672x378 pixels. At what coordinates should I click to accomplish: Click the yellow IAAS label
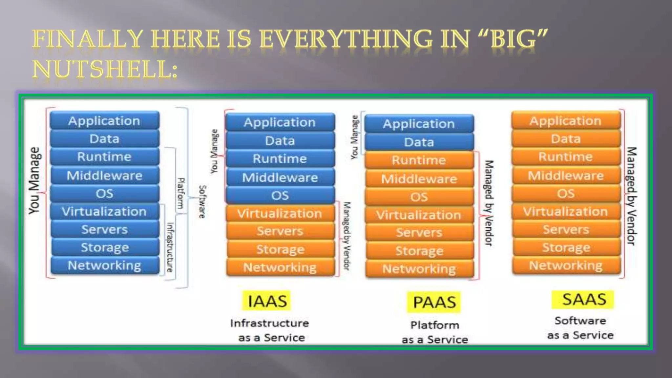(x=266, y=301)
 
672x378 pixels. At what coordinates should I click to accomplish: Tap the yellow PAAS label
(x=434, y=302)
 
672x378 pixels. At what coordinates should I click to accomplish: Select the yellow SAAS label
(x=583, y=300)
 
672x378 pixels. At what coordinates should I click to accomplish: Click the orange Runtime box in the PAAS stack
(x=419, y=160)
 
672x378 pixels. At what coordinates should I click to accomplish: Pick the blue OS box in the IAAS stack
(x=280, y=195)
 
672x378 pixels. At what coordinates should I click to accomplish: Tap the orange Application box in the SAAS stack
(x=565, y=121)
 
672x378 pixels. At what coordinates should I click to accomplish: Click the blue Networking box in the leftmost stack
(x=105, y=265)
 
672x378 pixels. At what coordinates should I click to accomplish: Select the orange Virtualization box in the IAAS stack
(x=280, y=213)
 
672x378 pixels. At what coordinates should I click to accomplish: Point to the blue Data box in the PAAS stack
(x=419, y=142)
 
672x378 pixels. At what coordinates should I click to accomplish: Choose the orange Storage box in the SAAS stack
(x=566, y=247)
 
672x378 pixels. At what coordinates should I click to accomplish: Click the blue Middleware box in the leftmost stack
(x=105, y=176)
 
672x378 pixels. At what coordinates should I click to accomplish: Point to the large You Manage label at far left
(x=34, y=180)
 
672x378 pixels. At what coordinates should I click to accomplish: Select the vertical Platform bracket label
(x=181, y=194)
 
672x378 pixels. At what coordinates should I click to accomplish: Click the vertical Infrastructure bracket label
(x=170, y=247)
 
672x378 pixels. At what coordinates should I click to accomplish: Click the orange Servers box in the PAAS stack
(x=419, y=232)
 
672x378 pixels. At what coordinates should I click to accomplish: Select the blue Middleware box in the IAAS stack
(x=280, y=178)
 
